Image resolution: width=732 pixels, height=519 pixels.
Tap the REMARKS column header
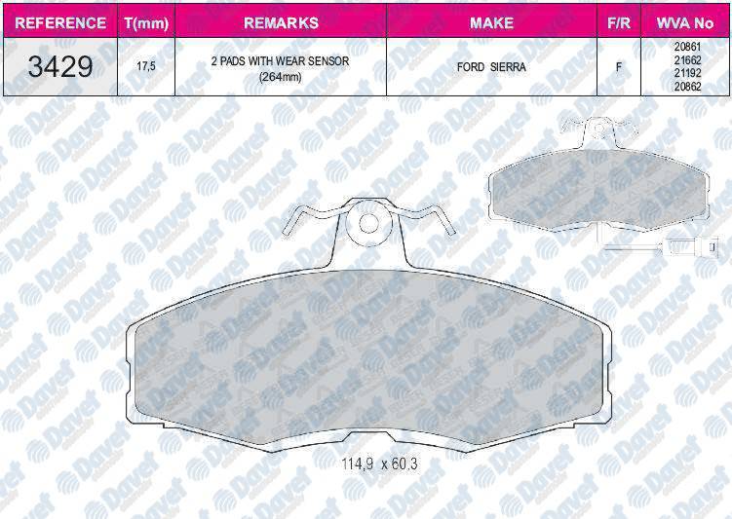tap(280, 21)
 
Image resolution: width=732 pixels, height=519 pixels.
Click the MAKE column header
tap(491, 21)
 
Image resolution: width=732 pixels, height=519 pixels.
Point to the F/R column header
tap(617, 21)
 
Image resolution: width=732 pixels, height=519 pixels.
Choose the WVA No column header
tap(686, 21)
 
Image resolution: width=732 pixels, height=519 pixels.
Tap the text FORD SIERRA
tap(491, 68)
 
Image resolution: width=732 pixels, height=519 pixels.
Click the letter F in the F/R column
tap(617, 68)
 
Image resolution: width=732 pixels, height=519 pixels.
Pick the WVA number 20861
tap(686, 48)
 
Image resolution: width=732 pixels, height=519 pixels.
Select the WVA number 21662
tap(686, 60)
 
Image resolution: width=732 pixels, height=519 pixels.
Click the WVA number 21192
tap(686, 73)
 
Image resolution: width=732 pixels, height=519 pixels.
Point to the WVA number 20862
tap(686, 86)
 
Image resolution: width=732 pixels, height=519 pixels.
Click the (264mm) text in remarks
tap(280, 77)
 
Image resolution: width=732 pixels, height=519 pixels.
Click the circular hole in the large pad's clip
tap(368, 223)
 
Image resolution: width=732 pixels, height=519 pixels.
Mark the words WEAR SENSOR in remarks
tap(306, 61)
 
